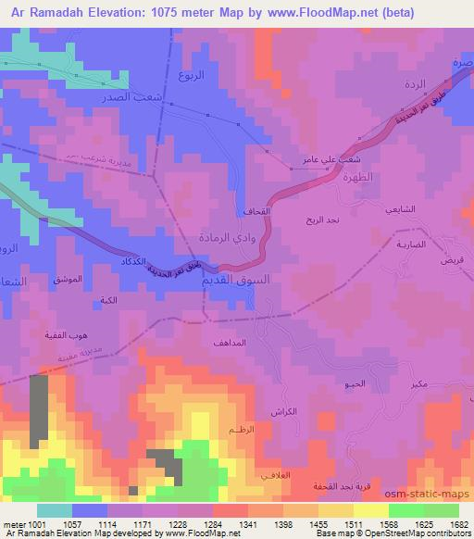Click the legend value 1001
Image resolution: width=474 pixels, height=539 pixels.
[35, 524]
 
